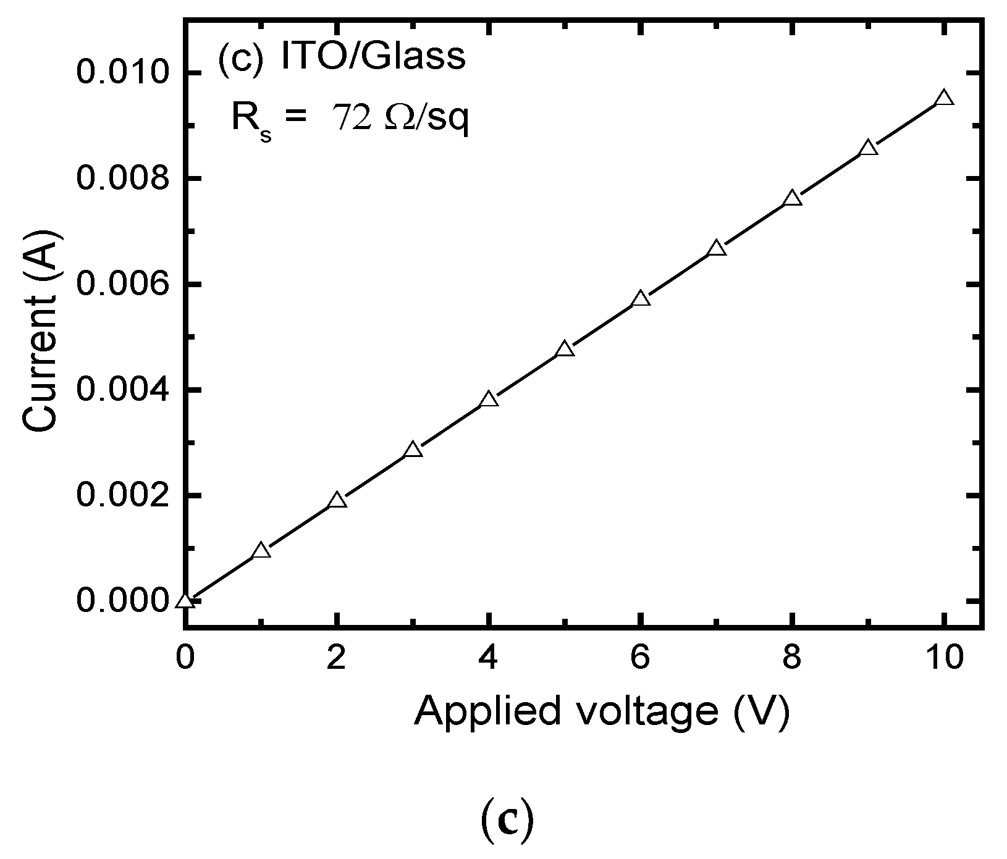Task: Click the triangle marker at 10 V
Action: click(944, 99)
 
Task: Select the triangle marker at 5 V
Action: click(565, 350)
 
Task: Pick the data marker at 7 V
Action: click(717, 249)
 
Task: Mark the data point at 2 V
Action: click(337, 500)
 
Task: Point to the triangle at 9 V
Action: click(868, 148)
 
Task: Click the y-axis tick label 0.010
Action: click(123, 73)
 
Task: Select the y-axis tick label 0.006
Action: click(123, 284)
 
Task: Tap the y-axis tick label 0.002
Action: click(123, 496)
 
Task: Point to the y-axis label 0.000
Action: click(123, 601)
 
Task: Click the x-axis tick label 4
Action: click(489, 658)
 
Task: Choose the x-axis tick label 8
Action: click(793, 658)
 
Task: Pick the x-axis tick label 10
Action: click(944, 658)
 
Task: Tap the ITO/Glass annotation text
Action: click(373, 57)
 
